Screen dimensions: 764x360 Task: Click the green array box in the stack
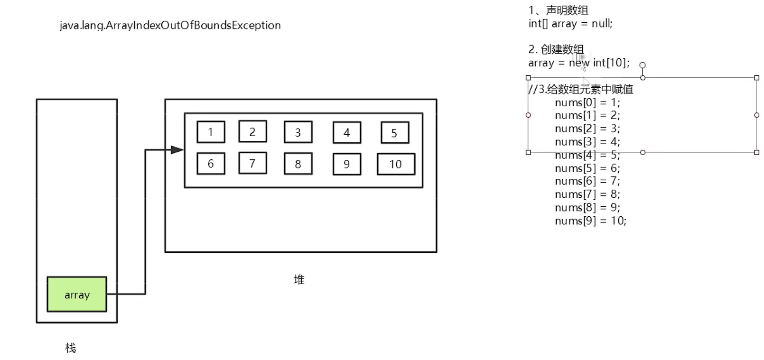(77, 295)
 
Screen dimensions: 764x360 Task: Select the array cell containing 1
(211, 132)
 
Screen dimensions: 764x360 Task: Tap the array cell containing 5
(394, 133)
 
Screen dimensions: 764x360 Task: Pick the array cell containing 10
(396, 164)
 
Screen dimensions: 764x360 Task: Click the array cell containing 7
(252, 163)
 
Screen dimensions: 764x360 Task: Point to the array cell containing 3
(298, 132)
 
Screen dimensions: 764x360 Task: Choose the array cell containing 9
(347, 164)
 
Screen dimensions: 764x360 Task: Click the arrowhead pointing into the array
(177, 150)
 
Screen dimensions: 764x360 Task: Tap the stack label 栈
(71, 348)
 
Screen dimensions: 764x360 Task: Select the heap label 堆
(299, 279)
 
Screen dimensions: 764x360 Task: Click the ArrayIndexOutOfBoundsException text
(170, 25)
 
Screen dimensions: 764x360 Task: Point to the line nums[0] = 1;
(587, 102)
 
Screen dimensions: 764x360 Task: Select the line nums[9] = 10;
(590, 221)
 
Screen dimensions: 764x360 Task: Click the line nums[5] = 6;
(587, 168)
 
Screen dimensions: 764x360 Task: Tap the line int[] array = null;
(570, 24)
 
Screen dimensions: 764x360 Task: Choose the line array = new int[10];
(579, 63)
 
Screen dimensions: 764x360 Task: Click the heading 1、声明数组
(559, 10)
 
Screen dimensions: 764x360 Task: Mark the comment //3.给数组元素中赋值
(581, 89)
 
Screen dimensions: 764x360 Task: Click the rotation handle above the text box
(643, 65)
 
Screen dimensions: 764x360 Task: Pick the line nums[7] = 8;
(587, 194)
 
